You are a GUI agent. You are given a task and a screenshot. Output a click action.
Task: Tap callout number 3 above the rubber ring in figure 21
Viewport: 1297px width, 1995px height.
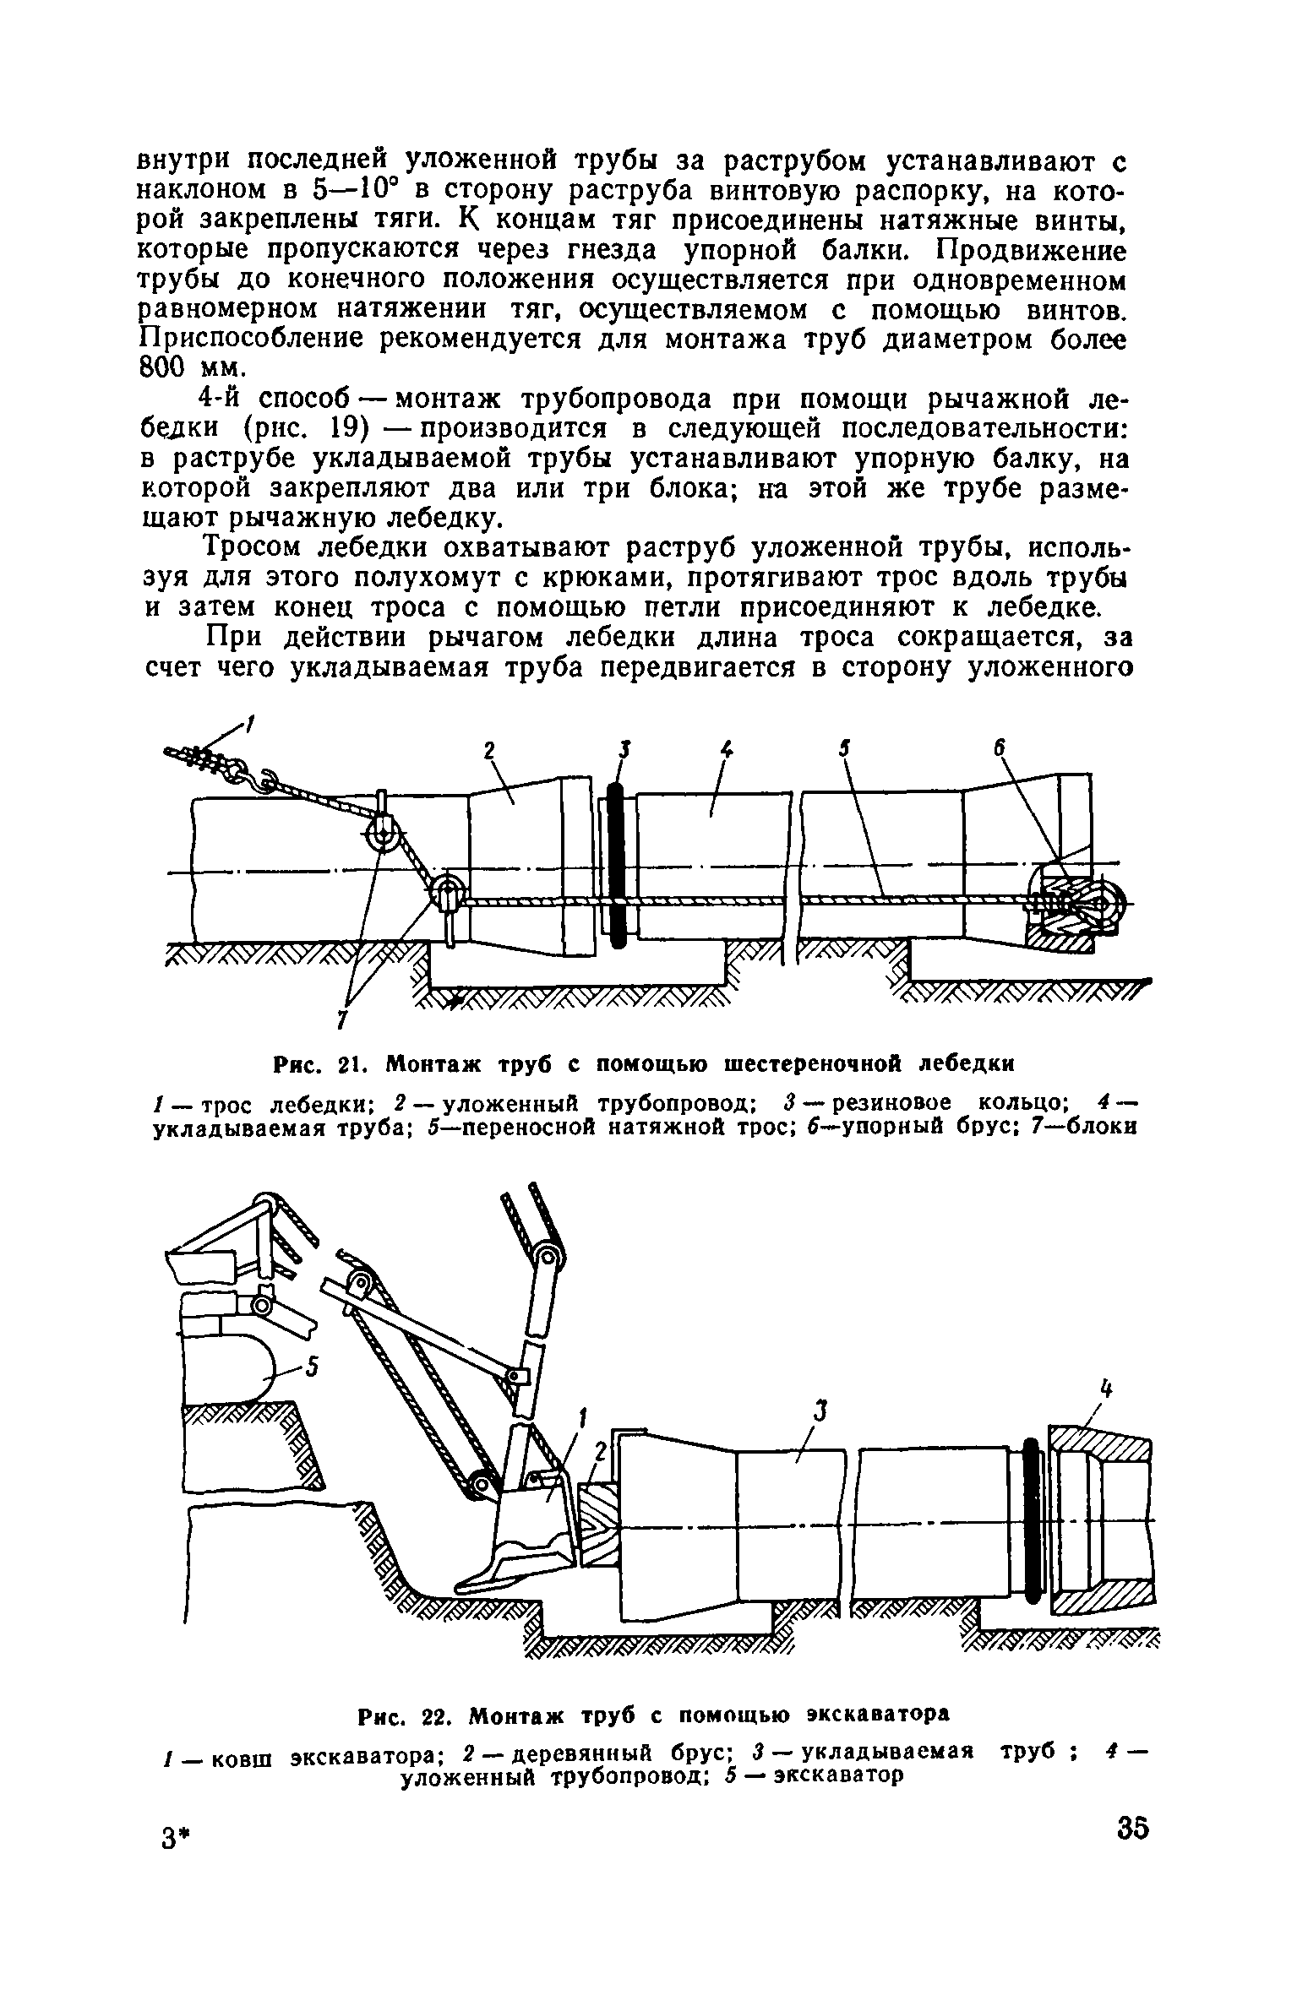click(x=624, y=748)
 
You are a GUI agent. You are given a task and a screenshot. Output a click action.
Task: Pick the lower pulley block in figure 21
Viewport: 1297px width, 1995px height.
click(x=446, y=894)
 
